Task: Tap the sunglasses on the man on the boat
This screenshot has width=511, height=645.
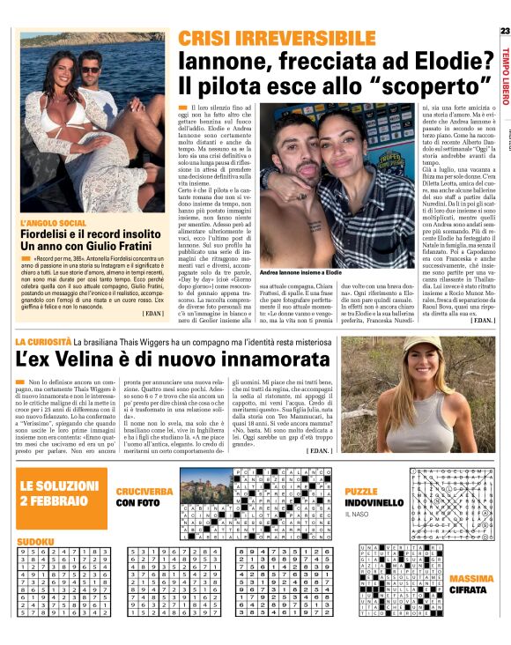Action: [x=91, y=69]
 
